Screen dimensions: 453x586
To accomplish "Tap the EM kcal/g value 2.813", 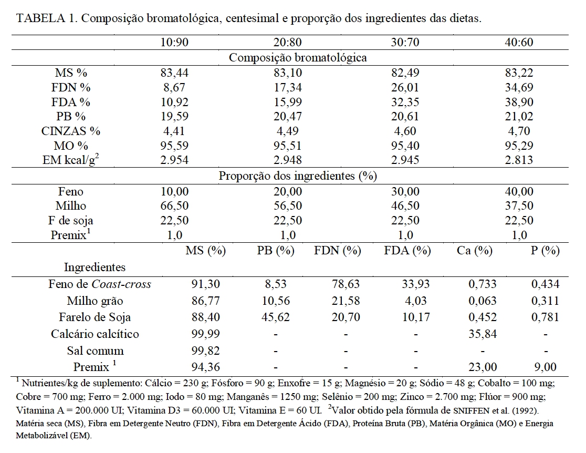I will pos(519,160).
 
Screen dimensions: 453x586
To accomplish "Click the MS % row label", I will pos(71,73).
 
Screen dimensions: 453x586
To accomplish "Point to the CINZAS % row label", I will pos(71,131).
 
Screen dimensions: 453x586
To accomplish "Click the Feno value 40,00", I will pos(519,192).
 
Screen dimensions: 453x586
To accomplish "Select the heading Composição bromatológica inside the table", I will pos(298,58).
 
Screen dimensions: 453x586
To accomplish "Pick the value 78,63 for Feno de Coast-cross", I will pos(344,284).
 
